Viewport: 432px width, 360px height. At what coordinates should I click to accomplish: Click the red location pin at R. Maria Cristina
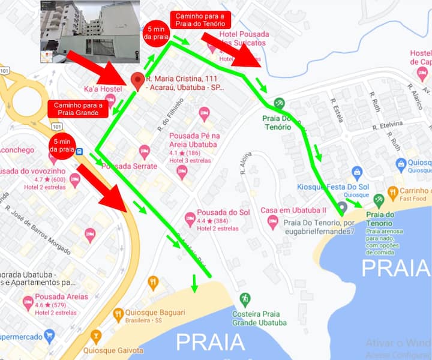pyautogui.click(x=138, y=81)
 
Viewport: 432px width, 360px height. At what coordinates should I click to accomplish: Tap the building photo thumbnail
pyautogui.click(x=90, y=32)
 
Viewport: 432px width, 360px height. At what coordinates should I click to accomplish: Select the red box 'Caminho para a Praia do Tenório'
pyautogui.click(x=200, y=20)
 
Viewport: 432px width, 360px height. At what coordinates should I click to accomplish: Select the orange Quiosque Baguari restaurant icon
pyautogui.click(x=119, y=313)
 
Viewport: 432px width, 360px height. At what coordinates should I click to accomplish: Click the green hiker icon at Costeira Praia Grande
pyautogui.click(x=245, y=298)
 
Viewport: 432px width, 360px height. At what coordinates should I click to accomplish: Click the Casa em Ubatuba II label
pyautogui.click(x=293, y=211)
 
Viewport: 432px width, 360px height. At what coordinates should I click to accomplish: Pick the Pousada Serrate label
pyautogui.click(x=130, y=166)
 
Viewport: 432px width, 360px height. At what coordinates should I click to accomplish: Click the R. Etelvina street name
pyautogui.click(x=386, y=127)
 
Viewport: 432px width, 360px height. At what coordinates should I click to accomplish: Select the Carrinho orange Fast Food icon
pyautogui.click(x=393, y=193)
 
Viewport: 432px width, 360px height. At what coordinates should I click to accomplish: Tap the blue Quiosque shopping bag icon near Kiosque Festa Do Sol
pyautogui.click(x=357, y=173)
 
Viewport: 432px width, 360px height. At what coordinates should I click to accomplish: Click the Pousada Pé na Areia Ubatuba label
pyautogui.click(x=194, y=140)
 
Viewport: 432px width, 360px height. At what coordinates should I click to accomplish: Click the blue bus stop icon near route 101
pyautogui.click(x=80, y=151)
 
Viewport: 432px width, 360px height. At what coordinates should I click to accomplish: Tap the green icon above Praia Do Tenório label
pyautogui.click(x=279, y=103)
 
